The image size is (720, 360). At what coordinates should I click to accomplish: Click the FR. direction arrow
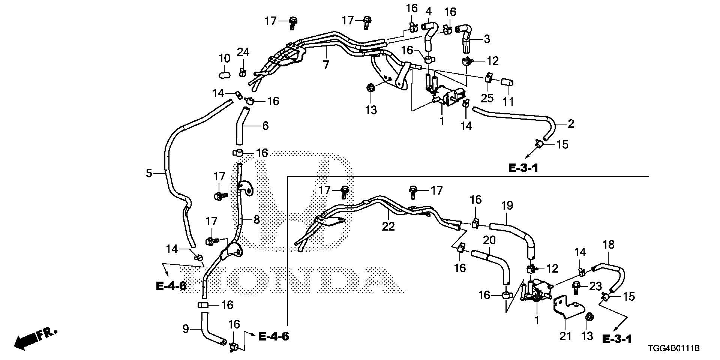point(34,338)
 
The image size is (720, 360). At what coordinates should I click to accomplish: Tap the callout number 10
point(224,58)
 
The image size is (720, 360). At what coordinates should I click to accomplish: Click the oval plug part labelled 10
point(224,75)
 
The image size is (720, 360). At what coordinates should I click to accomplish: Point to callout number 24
point(243,52)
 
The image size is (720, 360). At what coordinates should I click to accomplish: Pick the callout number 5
point(149,173)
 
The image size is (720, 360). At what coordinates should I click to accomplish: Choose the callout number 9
point(186,329)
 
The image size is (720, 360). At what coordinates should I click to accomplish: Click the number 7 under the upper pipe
point(326,65)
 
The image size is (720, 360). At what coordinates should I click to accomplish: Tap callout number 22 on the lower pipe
point(388,226)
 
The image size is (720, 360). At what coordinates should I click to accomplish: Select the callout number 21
point(565,336)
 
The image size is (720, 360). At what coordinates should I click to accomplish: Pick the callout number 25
point(487,98)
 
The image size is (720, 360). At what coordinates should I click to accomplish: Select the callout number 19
point(507,206)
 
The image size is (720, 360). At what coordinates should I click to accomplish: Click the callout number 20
point(489,240)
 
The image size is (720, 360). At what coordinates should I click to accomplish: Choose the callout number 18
point(609,245)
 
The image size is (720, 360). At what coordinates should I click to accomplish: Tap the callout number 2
point(570,124)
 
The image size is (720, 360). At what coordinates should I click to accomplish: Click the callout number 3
point(486,39)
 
